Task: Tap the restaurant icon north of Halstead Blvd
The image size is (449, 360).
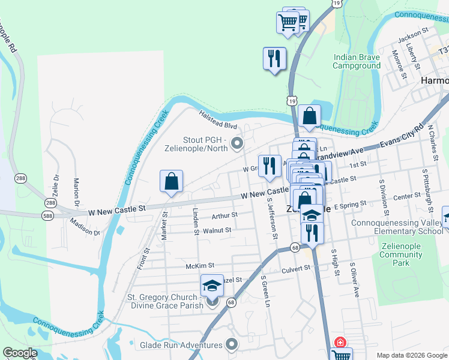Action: (274, 59)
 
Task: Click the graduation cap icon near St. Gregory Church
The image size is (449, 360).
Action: (211, 286)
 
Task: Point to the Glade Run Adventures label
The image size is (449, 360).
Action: (181, 345)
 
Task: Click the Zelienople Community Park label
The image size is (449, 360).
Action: (402, 254)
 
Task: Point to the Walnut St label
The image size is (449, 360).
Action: (217, 230)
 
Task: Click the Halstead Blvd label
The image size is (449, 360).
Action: (218, 119)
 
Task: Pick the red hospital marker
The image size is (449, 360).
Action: (340, 342)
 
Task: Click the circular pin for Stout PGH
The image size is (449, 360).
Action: (236, 143)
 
